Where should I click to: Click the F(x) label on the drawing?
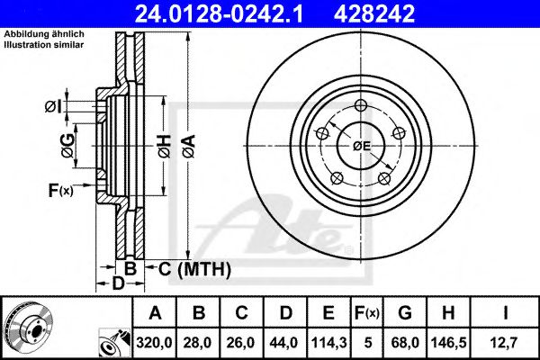click(x=61, y=189)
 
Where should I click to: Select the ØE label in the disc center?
click(x=362, y=145)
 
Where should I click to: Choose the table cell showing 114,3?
click(x=328, y=341)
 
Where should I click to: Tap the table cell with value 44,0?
click(x=285, y=341)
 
